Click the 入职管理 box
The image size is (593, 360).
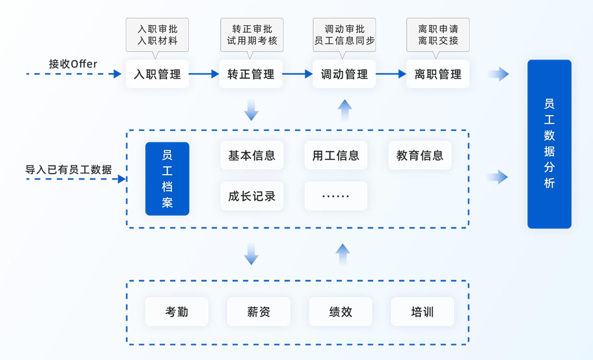tap(157, 74)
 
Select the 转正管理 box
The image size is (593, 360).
tap(251, 74)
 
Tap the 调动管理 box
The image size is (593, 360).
tap(344, 74)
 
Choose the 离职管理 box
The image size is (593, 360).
tap(438, 74)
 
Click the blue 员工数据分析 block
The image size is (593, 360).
tap(549, 144)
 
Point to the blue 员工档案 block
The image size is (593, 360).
tap(167, 179)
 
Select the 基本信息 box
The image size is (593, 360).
tap(251, 155)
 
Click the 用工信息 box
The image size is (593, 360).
tap(336, 155)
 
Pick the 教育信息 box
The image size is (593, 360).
tap(420, 155)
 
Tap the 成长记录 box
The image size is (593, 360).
tap(251, 196)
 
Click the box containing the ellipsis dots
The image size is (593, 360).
tap(336, 196)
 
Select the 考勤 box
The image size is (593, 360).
tap(177, 311)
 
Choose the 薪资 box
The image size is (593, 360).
tap(258, 311)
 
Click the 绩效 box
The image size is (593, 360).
tap(340, 311)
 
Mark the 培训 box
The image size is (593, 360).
tap(422, 311)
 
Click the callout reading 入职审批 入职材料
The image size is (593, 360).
tap(157, 34)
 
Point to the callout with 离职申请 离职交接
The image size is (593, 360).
tap(438, 34)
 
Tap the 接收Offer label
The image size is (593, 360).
tap(73, 64)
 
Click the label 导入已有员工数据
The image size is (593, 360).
tap(68, 169)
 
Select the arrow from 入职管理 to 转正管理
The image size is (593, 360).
tap(204, 74)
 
